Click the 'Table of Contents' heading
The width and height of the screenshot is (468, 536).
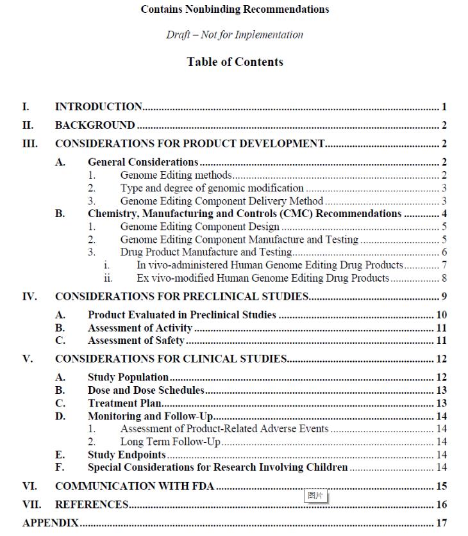pyautogui.click(x=235, y=62)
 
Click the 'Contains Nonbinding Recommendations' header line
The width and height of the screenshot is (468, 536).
pyautogui.click(x=235, y=10)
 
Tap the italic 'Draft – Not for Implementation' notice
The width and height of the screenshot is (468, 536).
pyautogui.click(x=235, y=35)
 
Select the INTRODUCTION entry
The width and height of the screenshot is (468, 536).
pyautogui.click(x=99, y=107)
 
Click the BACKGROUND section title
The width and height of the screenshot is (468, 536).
pyautogui.click(x=95, y=126)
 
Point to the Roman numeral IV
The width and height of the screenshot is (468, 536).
pyautogui.click(x=29, y=296)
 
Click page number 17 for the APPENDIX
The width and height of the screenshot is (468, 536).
pyautogui.click(x=441, y=523)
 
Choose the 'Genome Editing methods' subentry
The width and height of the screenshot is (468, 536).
pyautogui.click(x=176, y=175)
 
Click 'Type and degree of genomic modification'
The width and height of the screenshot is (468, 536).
pyautogui.click(x=212, y=188)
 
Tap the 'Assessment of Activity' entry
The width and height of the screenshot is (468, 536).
pyautogui.click(x=140, y=328)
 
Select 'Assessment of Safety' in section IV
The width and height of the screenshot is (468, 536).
pyautogui.click(x=136, y=341)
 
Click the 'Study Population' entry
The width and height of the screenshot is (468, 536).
pyautogui.click(x=128, y=378)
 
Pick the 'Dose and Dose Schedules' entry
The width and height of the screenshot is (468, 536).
pyautogui.click(x=146, y=390)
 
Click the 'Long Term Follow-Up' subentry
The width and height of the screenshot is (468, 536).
pyautogui.click(x=170, y=442)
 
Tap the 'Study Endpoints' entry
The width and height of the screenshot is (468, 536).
pyautogui.click(x=127, y=455)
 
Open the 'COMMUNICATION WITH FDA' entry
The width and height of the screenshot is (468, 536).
pyautogui.click(x=135, y=487)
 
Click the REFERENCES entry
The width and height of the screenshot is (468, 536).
pyautogui.click(x=92, y=505)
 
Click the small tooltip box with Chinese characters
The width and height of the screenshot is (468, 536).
pyautogui.click(x=316, y=496)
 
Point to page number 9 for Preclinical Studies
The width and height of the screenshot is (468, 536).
pyautogui.click(x=444, y=296)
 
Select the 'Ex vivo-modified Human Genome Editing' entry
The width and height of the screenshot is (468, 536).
pyautogui.click(x=263, y=278)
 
